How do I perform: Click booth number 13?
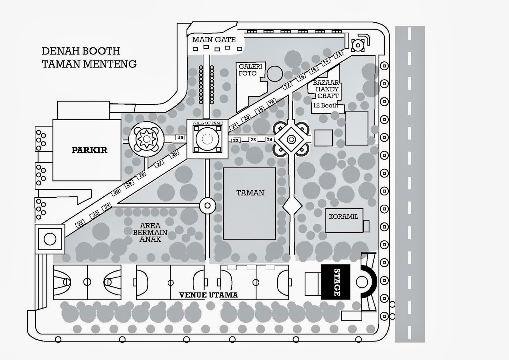click(x=338, y=54)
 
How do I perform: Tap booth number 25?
click(x=180, y=138)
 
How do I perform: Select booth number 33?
click(x=80, y=224)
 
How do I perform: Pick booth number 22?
click(x=236, y=140)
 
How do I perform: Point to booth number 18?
click(x=271, y=102)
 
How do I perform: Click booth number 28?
click(x=142, y=174)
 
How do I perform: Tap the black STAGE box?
click(x=336, y=282)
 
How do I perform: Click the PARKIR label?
click(x=89, y=150)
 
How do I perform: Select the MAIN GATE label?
click(x=214, y=40)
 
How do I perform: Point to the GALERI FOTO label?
click(x=250, y=70)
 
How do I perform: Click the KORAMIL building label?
click(x=343, y=216)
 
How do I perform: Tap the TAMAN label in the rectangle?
click(x=250, y=193)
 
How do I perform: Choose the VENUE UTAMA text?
click(x=208, y=295)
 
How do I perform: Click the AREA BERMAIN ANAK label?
click(x=150, y=232)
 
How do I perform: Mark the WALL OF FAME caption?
click(x=207, y=123)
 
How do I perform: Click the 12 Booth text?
click(x=325, y=105)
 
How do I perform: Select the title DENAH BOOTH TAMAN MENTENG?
click(x=89, y=57)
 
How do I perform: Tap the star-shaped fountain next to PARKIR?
click(x=146, y=139)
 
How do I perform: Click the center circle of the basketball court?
click(x=87, y=282)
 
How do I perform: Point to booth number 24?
click(x=269, y=139)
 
